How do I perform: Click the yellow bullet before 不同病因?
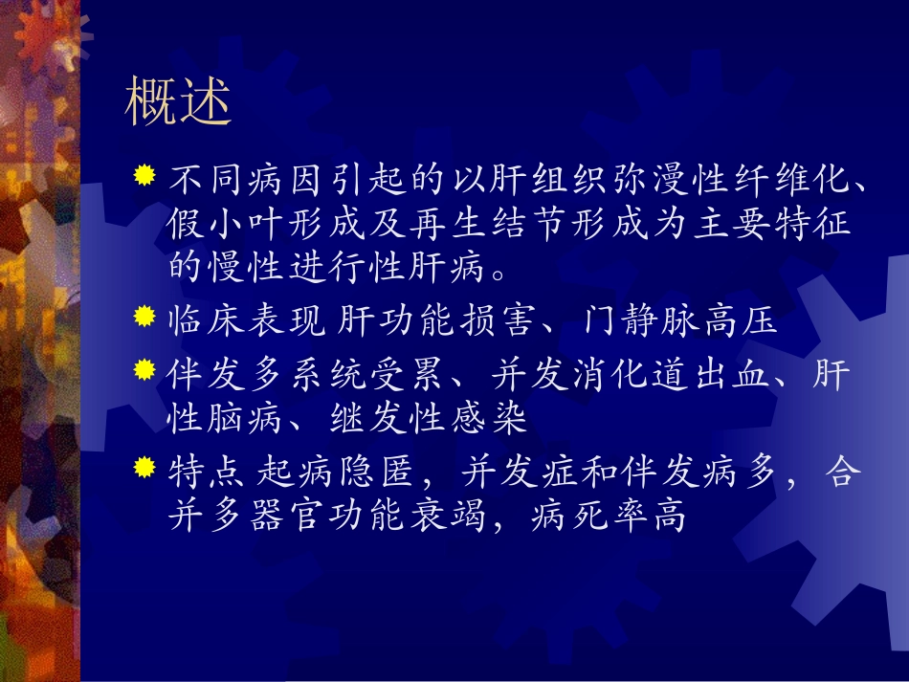coord(144,176)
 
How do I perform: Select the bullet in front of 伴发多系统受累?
coord(144,370)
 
